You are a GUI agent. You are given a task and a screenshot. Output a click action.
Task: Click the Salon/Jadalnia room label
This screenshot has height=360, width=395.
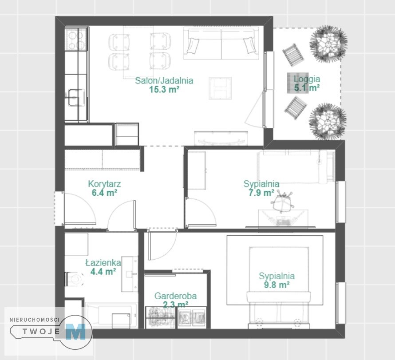[164, 81]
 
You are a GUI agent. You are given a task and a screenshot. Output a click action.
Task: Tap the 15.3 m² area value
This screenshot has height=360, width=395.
[164, 89]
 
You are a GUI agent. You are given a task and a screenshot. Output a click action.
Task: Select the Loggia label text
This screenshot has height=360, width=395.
[307, 79]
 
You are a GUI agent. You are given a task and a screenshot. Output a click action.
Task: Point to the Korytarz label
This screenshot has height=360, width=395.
[104, 184]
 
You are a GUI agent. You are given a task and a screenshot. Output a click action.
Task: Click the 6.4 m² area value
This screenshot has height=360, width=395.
[104, 193]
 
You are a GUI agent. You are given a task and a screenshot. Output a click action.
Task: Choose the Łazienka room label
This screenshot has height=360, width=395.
[103, 263]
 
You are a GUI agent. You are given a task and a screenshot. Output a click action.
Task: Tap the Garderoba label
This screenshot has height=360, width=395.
[175, 296]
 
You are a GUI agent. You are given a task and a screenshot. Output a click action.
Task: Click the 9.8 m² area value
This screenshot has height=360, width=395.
[276, 285]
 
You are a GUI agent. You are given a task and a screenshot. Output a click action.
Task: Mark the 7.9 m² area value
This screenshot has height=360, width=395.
[261, 193]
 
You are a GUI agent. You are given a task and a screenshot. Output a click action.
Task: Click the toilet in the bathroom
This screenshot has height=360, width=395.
[74, 279]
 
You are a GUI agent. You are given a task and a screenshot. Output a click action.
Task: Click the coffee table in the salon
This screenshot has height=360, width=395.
[220, 88]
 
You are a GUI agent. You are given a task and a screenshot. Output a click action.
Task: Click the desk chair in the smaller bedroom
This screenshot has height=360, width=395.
[282, 202]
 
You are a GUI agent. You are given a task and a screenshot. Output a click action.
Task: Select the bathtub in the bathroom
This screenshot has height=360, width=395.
[111, 315]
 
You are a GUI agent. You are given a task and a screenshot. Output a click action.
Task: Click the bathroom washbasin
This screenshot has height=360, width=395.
[130, 274]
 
